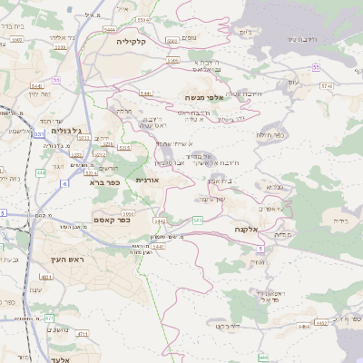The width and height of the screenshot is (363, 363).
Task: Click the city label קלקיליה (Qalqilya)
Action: (130, 42)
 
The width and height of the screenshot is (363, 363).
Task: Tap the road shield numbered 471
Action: (49, 319)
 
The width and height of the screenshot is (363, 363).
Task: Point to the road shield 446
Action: (262, 358)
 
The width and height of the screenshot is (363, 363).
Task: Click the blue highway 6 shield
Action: (64, 184)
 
